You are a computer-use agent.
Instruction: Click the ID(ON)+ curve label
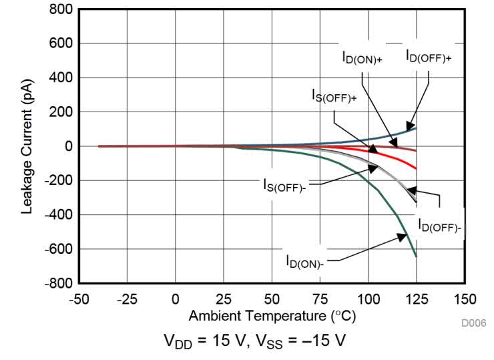coord(362,59)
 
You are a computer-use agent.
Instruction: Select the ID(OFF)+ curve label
coord(428,57)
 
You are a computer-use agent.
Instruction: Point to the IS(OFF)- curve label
coord(284,184)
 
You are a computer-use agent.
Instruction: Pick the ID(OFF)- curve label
coord(439,226)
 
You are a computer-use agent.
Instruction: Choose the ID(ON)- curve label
coord(304,260)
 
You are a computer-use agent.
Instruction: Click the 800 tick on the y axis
coord(59,10)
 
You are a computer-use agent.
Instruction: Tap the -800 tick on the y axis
coord(56,283)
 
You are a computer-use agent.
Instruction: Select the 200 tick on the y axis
coord(59,112)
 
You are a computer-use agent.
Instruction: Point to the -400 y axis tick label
coord(56,215)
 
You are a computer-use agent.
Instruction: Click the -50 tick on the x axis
coord(79,299)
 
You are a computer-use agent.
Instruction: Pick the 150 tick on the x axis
coord(465,299)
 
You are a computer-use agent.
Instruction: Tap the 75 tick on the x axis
coord(320,299)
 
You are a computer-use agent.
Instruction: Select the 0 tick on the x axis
coord(176,299)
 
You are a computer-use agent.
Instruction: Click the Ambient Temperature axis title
coord(272,315)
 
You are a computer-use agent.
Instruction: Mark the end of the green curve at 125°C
coord(416,256)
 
